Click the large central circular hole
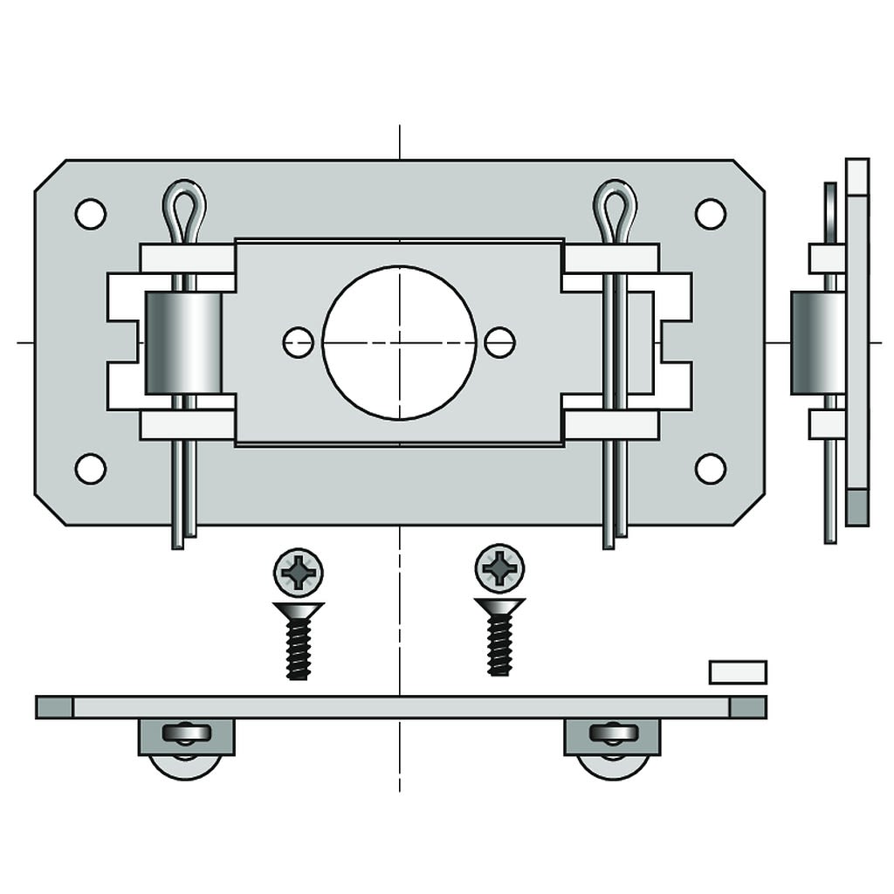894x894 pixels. click(x=399, y=342)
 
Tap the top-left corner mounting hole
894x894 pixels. click(x=90, y=214)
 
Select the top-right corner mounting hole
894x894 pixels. click(x=710, y=214)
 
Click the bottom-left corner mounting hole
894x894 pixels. click(x=90, y=469)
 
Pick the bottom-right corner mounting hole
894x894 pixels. click(x=710, y=469)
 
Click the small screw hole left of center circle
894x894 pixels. click(x=298, y=342)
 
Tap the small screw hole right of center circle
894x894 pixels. click(x=499, y=342)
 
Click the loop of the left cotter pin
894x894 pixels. click(x=184, y=208)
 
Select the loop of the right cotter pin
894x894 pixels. click(x=615, y=208)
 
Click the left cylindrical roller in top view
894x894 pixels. click(x=183, y=343)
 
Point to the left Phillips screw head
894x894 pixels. click(x=299, y=572)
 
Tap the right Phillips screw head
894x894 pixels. click(x=499, y=568)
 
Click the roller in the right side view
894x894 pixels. click(x=817, y=343)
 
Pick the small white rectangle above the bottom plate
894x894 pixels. click(x=738, y=672)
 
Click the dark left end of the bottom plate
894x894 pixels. click(x=54, y=707)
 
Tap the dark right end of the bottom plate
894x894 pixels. click(x=747, y=707)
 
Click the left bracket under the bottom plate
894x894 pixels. click(x=186, y=738)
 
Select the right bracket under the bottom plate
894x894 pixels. click(x=612, y=738)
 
